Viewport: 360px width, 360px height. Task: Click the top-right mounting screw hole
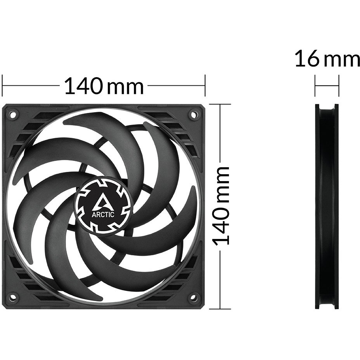point(192,114)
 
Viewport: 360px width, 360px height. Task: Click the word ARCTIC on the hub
point(103,215)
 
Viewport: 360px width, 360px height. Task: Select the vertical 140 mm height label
point(221,206)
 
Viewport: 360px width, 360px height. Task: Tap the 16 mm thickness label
point(327,59)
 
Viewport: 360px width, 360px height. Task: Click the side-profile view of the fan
point(327,206)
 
